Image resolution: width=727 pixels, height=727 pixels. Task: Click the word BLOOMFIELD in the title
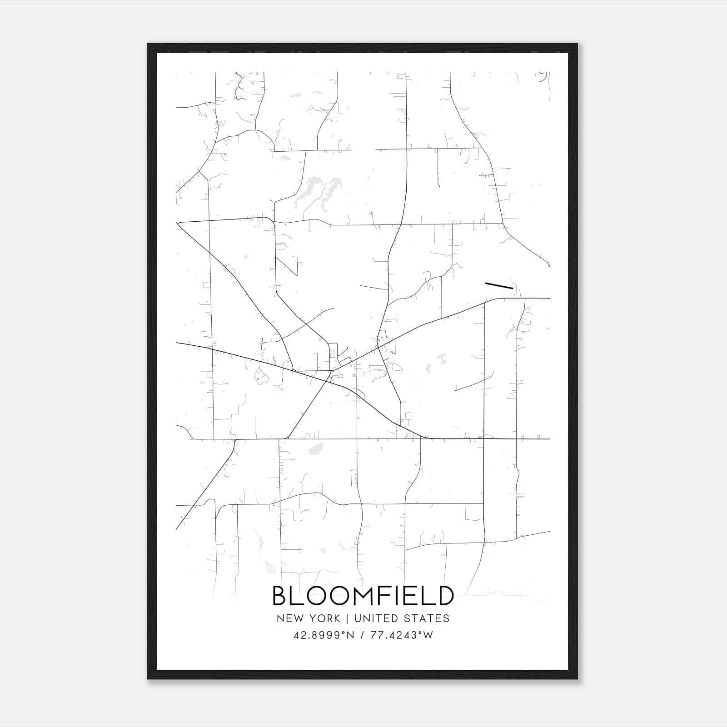click(x=363, y=596)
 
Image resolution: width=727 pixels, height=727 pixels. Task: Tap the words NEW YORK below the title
click(x=308, y=618)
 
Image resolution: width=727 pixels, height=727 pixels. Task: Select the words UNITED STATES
click(x=402, y=618)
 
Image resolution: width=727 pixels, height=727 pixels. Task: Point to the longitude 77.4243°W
click(x=402, y=635)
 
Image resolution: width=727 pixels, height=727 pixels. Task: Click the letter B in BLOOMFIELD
click(x=280, y=596)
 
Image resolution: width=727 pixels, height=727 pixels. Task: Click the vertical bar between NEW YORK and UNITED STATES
click(x=347, y=618)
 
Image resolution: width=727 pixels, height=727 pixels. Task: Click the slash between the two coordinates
click(x=363, y=635)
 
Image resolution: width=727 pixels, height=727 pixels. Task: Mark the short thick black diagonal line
click(x=499, y=285)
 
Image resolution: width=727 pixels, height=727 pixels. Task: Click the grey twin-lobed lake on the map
click(x=318, y=193)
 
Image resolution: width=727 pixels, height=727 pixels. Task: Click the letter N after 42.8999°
click(x=351, y=635)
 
